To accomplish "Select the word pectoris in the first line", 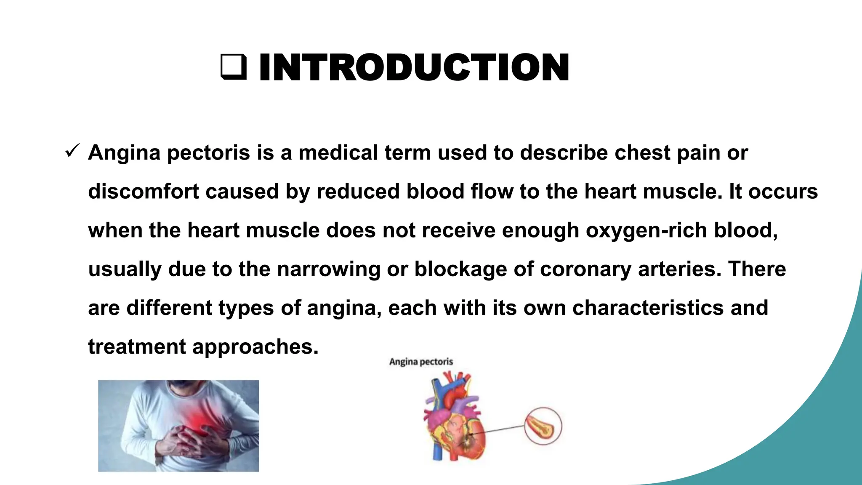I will (209, 153).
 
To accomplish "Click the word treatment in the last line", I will (137, 347).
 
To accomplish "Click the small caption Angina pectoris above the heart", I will (421, 362).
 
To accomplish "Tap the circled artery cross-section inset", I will (543, 426).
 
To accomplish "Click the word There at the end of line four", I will (757, 269).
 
